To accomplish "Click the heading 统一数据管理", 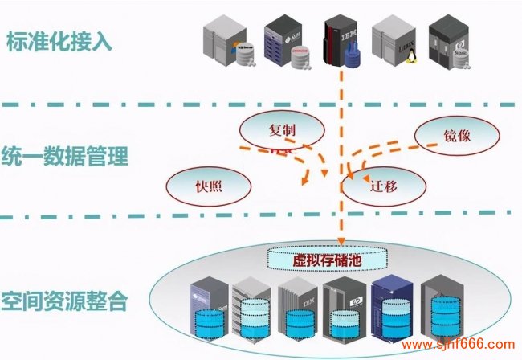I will (63, 155).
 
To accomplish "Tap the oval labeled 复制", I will (285, 129).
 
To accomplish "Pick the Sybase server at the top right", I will (450, 44).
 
